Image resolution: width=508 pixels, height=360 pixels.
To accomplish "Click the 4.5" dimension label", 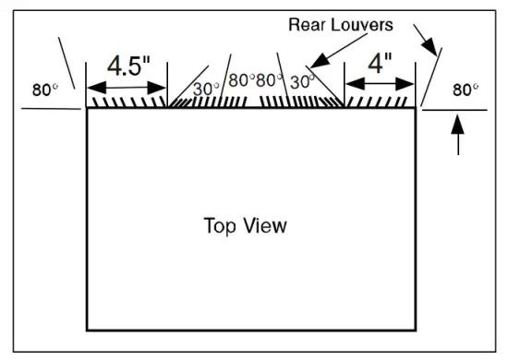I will (x=127, y=66).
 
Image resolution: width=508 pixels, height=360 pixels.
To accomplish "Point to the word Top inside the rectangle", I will (x=220, y=225).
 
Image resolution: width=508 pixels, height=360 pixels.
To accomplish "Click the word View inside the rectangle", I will (x=266, y=225).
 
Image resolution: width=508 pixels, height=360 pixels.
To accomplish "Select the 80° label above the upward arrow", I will (x=465, y=90).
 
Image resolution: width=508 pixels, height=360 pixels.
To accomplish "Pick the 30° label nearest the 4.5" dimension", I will (x=206, y=90).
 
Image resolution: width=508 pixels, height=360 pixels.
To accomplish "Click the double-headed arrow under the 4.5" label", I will (x=127, y=89).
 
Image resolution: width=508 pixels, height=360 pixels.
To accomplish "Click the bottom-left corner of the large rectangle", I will (x=87, y=330).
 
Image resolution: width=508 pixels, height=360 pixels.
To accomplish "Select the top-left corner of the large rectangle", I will (x=87, y=109).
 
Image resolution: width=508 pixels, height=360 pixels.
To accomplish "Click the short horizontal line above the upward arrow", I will (x=454, y=110).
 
